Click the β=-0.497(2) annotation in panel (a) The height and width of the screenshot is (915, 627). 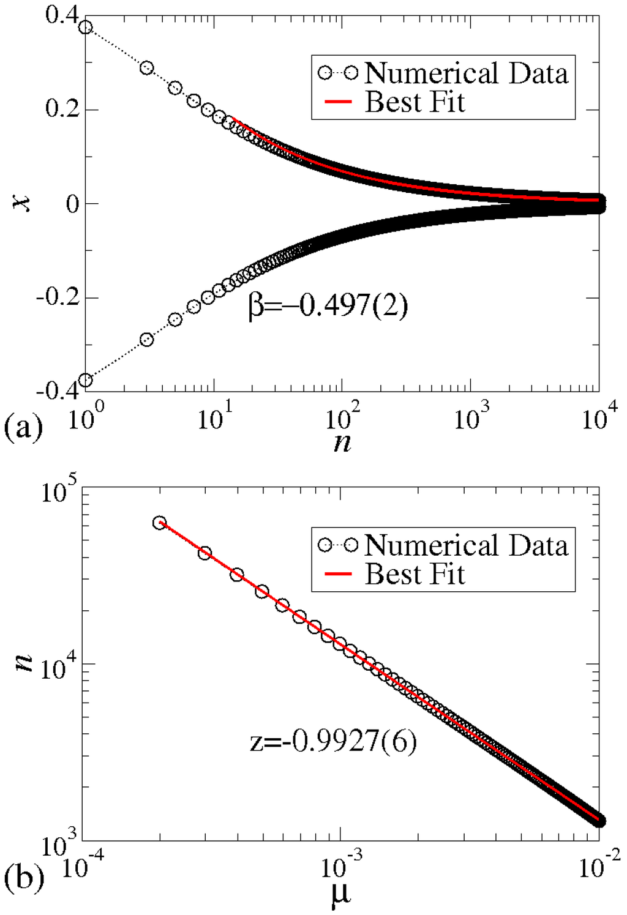(x=328, y=305)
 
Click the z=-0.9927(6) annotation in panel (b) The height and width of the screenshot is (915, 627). (x=333, y=741)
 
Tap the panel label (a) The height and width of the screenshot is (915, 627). (x=23, y=427)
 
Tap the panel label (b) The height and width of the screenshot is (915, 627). (x=23, y=878)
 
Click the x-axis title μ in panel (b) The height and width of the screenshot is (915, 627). (x=340, y=894)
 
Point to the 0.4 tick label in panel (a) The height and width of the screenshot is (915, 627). (x=61, y=15)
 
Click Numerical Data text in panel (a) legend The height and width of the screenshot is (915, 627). (x=467, y=73)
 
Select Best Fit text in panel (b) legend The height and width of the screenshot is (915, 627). (x=415, y=574)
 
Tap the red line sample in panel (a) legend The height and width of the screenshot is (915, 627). (x=337, y=102)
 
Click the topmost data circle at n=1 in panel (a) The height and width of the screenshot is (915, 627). (x=86, y=28)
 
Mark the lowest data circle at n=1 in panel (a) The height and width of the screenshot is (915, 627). (x=86, y=380)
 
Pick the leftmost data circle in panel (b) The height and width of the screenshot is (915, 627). (x=160, y=523)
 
